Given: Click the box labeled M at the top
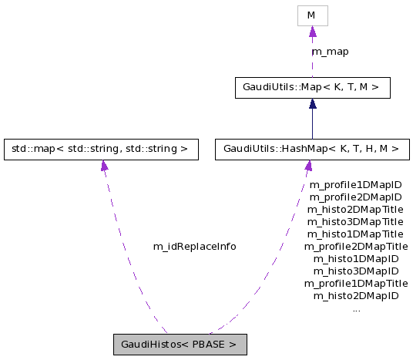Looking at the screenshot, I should coord(312,15).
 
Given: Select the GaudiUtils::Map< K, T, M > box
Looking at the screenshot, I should coord(312,88).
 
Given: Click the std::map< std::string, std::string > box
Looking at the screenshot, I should coord(100,150).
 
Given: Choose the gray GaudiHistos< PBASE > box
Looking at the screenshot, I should coord(180,345).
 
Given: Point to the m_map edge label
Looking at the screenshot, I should coord(330,52).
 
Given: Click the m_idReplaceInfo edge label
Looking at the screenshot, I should coord(194,247).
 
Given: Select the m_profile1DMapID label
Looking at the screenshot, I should coord(355,185).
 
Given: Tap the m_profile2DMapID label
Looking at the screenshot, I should coord(355,197).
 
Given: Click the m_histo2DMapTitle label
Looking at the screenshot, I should coord(355,210).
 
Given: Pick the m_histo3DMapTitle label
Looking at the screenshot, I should coord(355,222).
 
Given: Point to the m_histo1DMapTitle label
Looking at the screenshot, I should coord(355,234).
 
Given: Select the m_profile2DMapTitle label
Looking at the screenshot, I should coord(355,247).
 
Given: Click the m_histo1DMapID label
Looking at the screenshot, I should coord(355,259).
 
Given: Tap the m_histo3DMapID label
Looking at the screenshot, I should coord(355,271).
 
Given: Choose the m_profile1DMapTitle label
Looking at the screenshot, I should coord(355,284).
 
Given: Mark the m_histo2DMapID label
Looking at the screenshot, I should coord(355,296).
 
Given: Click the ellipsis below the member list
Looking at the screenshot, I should coord(355,309).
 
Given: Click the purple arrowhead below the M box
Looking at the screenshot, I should coord(312,32).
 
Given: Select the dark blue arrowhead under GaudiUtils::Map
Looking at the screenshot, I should coord(312,104).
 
